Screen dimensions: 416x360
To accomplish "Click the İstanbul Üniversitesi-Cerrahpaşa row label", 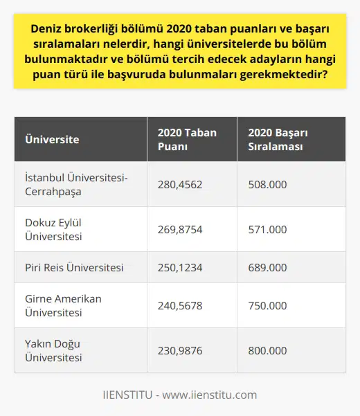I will point(75,185).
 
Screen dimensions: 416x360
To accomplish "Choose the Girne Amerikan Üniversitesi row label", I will point(63,305).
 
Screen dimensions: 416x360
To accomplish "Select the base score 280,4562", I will point(181,185).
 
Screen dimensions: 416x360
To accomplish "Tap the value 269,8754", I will point(181,230).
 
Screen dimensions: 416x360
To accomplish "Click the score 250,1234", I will point(181,267).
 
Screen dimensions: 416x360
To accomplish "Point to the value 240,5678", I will point(181,305).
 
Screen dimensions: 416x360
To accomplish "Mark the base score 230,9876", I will point(181,351).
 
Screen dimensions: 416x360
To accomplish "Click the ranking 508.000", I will point(267,185).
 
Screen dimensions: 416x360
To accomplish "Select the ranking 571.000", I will point(267,230).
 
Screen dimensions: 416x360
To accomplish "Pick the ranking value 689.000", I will point(267,267).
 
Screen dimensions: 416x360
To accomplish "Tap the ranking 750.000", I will point(267,305).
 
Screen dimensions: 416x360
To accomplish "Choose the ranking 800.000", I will point(267,351).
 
